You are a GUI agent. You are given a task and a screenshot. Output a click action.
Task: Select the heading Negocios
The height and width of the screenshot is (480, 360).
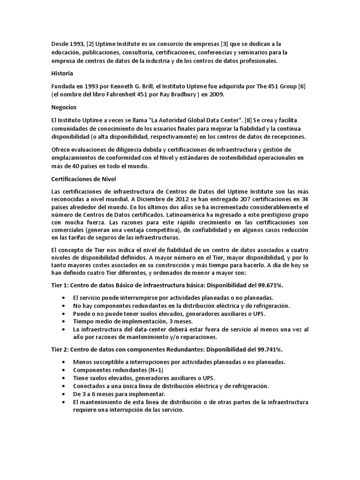(x=64, y=107)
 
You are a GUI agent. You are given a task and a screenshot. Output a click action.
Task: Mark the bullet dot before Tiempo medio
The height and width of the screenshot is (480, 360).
(x=63, y=322)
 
